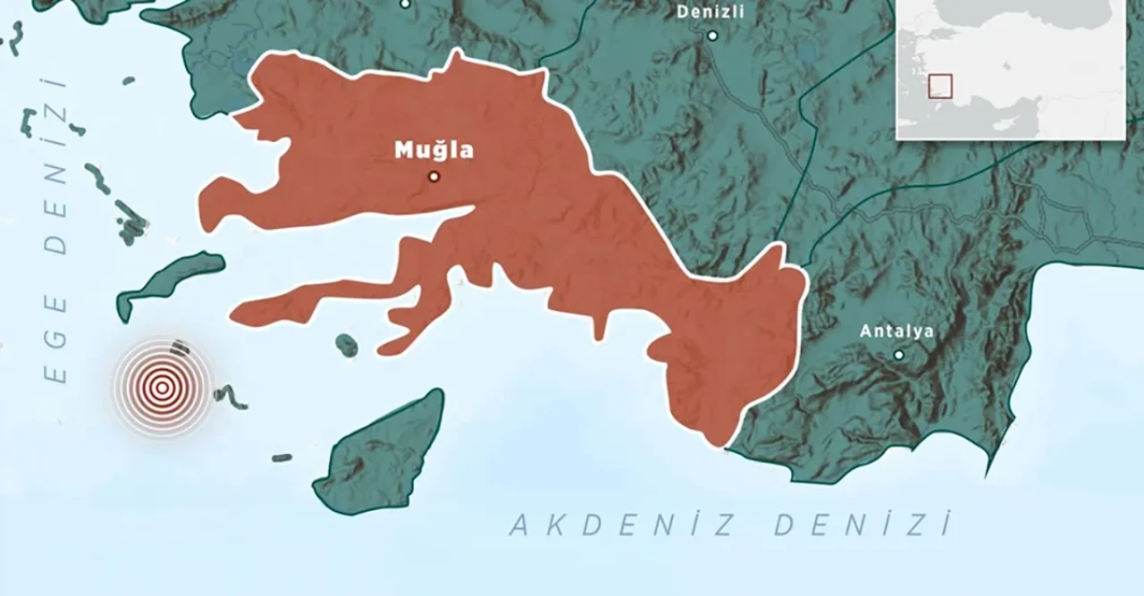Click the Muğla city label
click(x=433, y=150)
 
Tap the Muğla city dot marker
click(x=433, y=177)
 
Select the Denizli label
click(x=710, y=12)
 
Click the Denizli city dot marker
click(x=712, y=36)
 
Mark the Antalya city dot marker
click(x=898, y=355)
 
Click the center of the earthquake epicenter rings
click(x=162, y=388)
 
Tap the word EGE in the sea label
click(x=55, y=339)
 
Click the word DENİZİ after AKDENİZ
click(x=862, y=525)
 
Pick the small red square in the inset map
click(x=939, y=86)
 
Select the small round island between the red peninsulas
click(x=347, y=345)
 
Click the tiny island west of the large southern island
click(x=282, y=457)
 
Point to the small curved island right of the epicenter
click(x=231, y=396)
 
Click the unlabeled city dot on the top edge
click(x=405, y=4)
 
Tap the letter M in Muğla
click(x=404, y=150)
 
